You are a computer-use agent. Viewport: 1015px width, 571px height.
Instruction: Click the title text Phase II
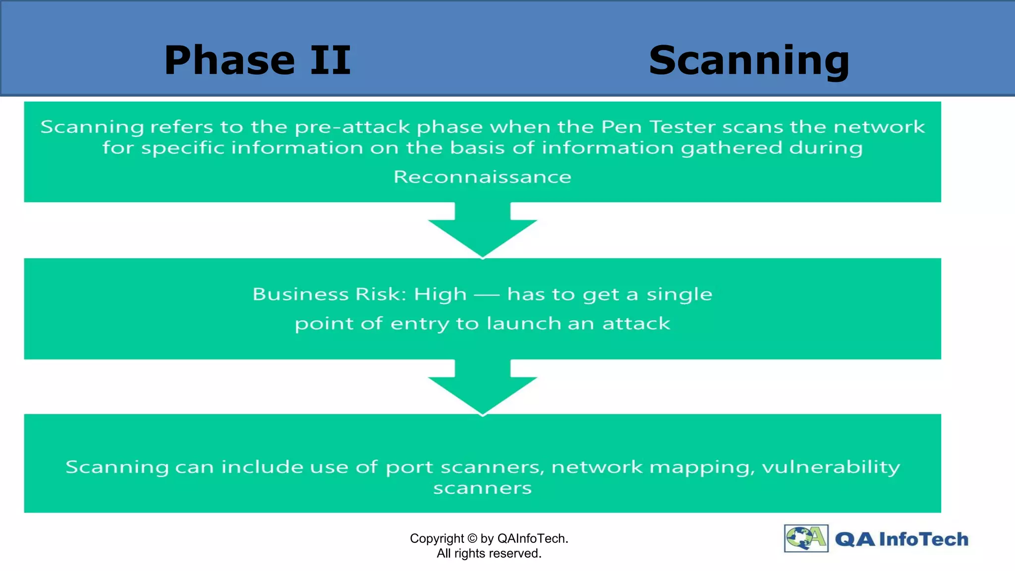[x=257, y=60]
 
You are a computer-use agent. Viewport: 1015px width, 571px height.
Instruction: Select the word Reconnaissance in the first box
[x=482, y=177]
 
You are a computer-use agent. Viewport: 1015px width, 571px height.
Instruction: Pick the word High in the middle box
[x=440, y=294]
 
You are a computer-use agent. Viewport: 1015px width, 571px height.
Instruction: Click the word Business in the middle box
[x=300, y=294]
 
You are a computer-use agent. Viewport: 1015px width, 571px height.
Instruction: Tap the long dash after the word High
[x=486, y=295]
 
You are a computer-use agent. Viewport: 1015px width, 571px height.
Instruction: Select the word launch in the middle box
[x=524, y=323]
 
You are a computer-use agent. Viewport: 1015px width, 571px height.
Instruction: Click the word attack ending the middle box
[x=636, y=323]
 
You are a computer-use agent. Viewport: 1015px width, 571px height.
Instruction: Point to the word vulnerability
[x=831, y=467]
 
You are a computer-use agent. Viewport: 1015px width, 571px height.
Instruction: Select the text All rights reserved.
[x=489, y=553]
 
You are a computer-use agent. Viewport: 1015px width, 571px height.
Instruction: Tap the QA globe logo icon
[x=806, y=538]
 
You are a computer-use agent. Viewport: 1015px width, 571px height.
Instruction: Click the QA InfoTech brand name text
[x=901, y=539]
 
